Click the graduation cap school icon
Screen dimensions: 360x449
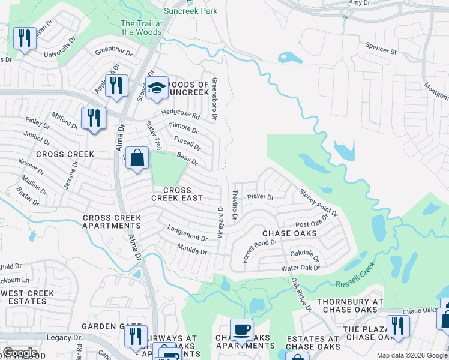coord(157,88)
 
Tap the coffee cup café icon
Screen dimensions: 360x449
coord(241,329)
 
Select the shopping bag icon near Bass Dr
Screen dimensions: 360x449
coord(137,159)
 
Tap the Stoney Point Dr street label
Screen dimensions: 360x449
coord(319,202)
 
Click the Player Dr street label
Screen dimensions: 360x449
coord(261,197)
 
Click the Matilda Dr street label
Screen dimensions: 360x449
coord(192,248)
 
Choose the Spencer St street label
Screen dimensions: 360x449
coord(381,49)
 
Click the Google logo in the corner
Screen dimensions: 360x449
coord(20,352)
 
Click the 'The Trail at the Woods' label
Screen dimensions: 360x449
coord(142,27)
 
